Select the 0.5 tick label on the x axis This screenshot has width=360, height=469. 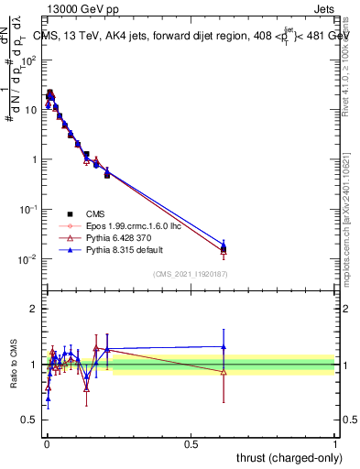(x=191, y=442)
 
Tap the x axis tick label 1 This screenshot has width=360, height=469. (x=335, y=442)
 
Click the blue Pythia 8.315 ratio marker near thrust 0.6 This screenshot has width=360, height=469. (x=224, y=346)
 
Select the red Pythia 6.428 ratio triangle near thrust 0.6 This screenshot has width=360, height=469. (x=224, y=371)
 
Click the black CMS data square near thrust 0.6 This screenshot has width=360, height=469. (x=224, y=248)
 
